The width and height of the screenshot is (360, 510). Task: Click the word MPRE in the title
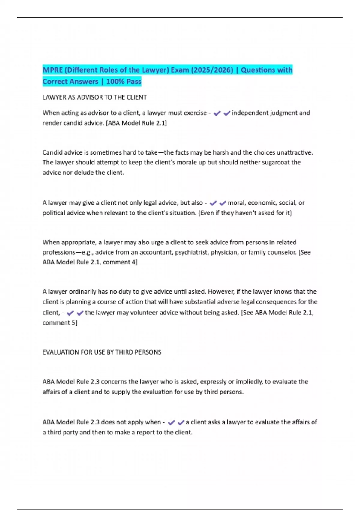coord(52,70)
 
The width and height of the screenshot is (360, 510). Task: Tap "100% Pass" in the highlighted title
coord(124,82)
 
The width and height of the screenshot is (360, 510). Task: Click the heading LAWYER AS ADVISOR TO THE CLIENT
coord(94,97)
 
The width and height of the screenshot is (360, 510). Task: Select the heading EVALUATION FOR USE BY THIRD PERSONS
coord(102,352)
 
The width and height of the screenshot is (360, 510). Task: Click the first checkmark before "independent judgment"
coord(217,113)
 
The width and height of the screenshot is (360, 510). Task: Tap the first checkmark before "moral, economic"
coord(213,203)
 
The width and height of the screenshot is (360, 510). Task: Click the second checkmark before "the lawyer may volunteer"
coord(80,313)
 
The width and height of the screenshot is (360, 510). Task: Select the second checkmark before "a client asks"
coord(181,422)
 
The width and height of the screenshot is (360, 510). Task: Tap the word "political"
coord(54,213)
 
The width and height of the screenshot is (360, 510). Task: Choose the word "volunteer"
coord(144,313)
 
